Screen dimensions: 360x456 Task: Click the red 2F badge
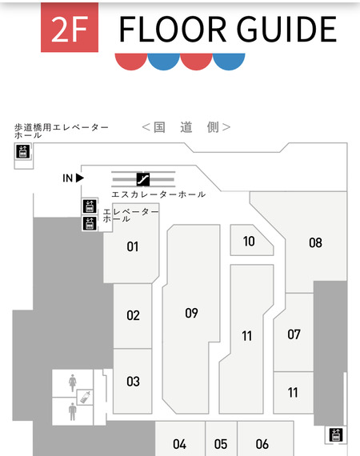pos(70,27)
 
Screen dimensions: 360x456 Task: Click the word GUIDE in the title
pos(286,29)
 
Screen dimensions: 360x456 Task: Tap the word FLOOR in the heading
pos(173,29)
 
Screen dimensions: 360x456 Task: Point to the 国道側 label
pos(186,127)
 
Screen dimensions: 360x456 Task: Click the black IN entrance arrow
pos(80,178)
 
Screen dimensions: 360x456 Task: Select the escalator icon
pos(143,179)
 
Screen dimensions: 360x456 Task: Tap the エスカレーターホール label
pos(158,194)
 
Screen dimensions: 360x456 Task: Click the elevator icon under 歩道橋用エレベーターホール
pos(23,151)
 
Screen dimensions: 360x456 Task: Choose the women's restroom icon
pos(73,383)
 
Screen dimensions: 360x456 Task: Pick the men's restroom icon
pos(73,411)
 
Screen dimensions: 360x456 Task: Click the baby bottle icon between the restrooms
pos(85,398)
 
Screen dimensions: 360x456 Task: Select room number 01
pos(133,246)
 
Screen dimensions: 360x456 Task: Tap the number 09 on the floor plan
pos(191,313)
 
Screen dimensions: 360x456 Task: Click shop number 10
pos(249,242)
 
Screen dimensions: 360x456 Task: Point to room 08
pos(315,242)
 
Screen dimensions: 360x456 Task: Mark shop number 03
pos(133,382)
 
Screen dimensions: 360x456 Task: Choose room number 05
pos(221,444)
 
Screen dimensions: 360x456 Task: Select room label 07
pos(294,334)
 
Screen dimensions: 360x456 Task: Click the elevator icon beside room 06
pos(336,434)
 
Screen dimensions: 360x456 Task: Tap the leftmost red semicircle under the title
pos(131,61)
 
